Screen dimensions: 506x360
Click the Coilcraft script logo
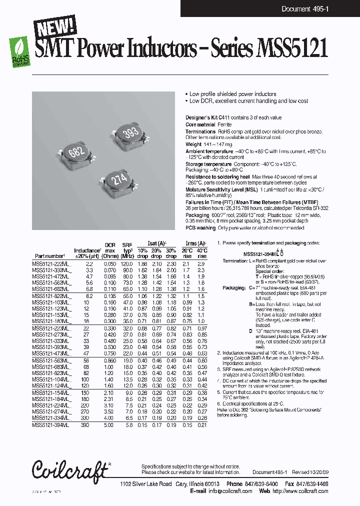[x=70, y=469]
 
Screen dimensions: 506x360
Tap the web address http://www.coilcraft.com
[x=300, y=491]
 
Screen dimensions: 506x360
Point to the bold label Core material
[x=200, y=124]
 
